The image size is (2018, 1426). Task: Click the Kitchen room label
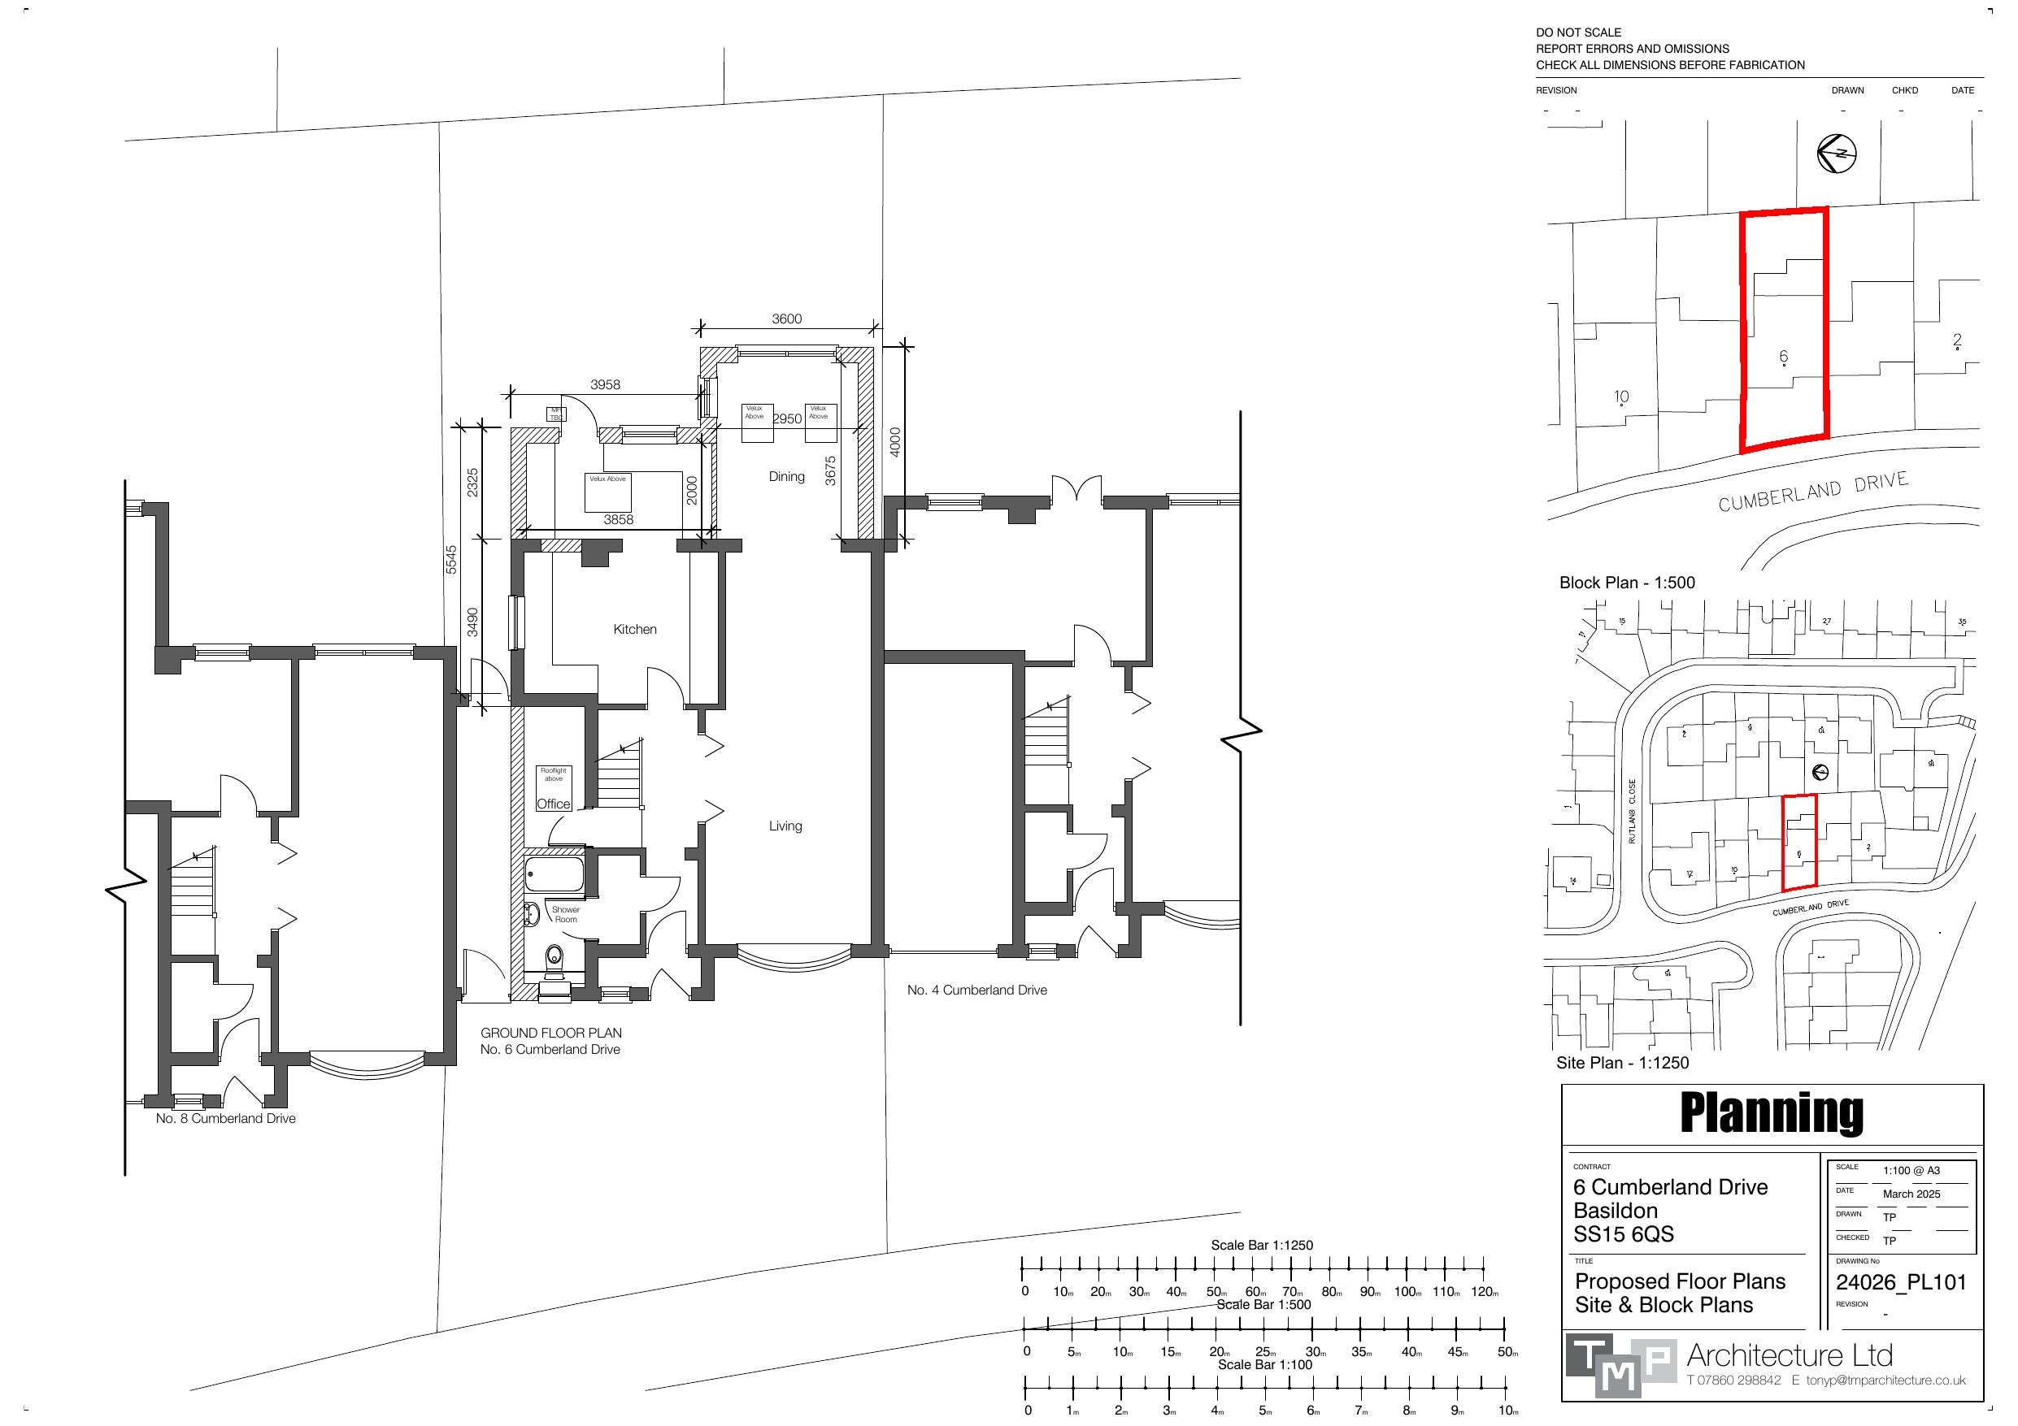tap(634, 629)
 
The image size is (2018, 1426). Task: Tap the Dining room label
tap(787, 476)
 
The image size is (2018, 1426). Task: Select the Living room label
tap(785, 826)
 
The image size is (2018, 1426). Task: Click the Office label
tap(553, 804)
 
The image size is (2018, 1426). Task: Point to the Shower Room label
tap(565, 915)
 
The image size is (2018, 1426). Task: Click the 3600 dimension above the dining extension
tap(787, 319)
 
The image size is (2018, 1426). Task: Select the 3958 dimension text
tap(605, 385)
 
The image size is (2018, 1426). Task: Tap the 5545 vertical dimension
tap(451, 560)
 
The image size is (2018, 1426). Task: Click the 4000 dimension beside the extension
tap(894, 441)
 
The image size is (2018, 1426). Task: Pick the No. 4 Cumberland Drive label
tap(976, 990)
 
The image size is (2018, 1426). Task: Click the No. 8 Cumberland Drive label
tap(226, 1119)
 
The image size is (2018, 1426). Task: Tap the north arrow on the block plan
tap(1836, 154)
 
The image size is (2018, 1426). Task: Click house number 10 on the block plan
tap(1620, 397)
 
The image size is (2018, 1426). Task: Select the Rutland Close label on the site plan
tap(1632, 811)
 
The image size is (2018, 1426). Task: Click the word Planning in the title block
tap(1771, 1112)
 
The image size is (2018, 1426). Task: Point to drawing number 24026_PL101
tap(1900, 1283)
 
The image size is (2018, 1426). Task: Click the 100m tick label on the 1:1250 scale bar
tap(1407, 1292)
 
